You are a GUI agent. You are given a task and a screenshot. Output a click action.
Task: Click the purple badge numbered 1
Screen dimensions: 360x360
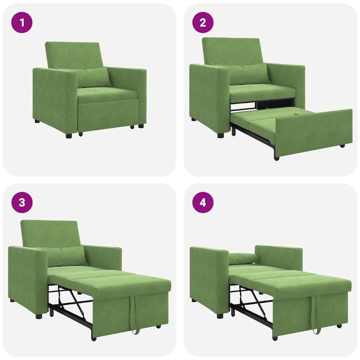coord(22,23)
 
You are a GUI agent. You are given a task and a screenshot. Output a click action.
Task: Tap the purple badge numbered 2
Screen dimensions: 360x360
coord(203,23)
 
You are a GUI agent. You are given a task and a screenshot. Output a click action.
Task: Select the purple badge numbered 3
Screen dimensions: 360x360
coord(22,202)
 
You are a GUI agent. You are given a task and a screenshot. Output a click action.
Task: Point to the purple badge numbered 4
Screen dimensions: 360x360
coord(203,202)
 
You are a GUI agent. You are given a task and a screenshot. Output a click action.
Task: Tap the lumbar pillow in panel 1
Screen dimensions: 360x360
coord(93,78)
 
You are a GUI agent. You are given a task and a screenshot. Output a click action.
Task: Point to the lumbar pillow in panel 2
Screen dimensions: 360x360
coord(248,74)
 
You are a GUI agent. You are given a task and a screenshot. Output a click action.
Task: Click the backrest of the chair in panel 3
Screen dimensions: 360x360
coord(50,233)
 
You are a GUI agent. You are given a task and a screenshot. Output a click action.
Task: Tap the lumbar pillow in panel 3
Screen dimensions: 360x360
coord(65,256)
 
